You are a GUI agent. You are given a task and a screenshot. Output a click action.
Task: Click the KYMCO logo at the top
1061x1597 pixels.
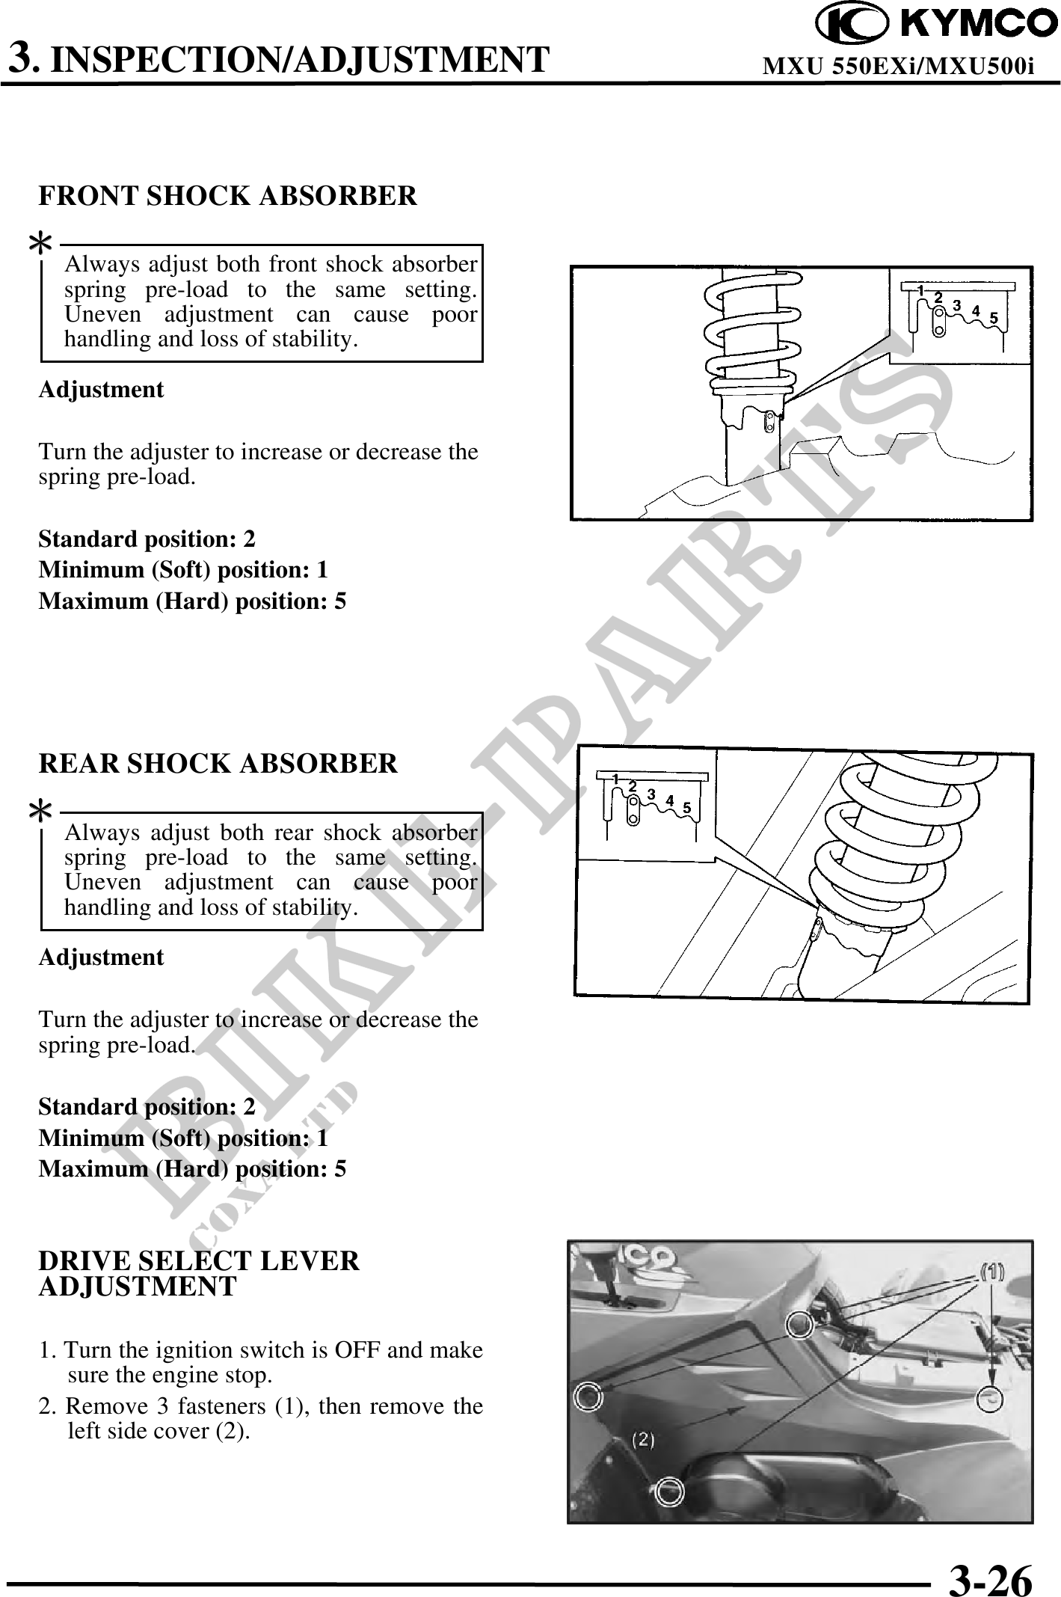click(936, 25)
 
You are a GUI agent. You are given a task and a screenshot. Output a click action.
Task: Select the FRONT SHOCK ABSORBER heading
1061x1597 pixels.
click(228, 196)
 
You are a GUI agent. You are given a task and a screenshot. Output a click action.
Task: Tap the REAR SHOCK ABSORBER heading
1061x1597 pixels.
click(218, 764)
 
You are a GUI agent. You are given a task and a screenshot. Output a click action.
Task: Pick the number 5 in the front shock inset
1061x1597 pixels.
click(994, 318)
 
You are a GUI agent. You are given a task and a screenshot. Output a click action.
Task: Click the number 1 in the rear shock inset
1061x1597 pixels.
click(615, 779)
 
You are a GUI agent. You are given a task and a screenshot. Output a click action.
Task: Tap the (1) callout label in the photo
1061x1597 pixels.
click(992, 1271)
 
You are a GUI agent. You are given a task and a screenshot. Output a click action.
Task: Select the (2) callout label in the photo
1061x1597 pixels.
click(644, 1438)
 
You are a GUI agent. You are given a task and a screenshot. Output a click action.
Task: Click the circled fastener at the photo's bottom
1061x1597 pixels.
click(670, 1492)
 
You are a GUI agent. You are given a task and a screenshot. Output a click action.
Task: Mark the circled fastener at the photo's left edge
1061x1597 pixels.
click(588, 1395)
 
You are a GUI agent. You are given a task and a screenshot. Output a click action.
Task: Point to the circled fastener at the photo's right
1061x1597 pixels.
click(989, 1399)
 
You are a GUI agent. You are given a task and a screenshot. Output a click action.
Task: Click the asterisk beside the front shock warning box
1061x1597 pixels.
click(40, 243)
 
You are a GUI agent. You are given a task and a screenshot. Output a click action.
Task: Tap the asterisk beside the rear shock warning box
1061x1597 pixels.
click(40, 811)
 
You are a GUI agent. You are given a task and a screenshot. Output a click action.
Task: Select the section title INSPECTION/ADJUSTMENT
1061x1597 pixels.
click(303, 60)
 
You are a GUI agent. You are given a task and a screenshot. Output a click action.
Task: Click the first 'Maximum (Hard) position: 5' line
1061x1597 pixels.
click(192, 601)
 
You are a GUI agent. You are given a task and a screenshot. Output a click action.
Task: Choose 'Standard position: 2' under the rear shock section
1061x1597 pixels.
click(147, 1106)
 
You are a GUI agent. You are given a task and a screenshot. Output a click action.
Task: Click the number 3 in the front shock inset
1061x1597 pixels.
click(956, 305)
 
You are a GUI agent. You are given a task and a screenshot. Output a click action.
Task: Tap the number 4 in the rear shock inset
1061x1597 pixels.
click(670, 800)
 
